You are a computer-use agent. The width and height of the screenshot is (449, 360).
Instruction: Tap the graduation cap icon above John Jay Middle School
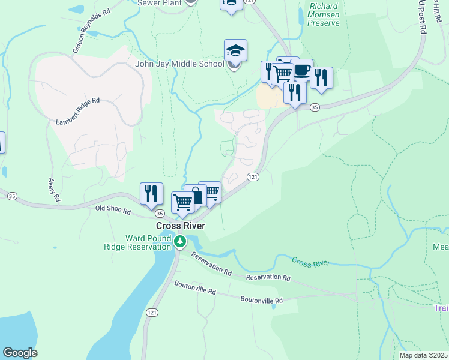pos(235,50)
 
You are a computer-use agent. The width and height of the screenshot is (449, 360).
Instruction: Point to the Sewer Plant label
pos(159,3)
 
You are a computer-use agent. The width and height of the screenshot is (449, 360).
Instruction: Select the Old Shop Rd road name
pos(113,210)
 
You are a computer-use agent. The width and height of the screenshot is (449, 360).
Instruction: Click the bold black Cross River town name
pos(181,226)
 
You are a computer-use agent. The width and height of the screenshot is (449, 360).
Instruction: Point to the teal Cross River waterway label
pos(312,261)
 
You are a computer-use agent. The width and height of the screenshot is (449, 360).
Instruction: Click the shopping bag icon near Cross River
pos(196,196)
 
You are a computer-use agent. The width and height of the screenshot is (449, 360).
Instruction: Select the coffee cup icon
pos(301,70)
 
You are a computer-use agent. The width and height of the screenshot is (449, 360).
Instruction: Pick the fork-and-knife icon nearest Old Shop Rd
pos(151,193)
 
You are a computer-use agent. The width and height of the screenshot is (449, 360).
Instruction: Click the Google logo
pos(20,353)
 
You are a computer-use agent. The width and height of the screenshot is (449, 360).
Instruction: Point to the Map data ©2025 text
pos(423,355)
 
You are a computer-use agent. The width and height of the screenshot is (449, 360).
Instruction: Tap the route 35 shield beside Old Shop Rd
pos(158,214)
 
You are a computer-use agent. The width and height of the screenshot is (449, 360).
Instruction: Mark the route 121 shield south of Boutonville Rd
pos(152,313)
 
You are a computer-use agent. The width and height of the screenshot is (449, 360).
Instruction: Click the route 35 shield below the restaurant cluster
pos(313,107)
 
